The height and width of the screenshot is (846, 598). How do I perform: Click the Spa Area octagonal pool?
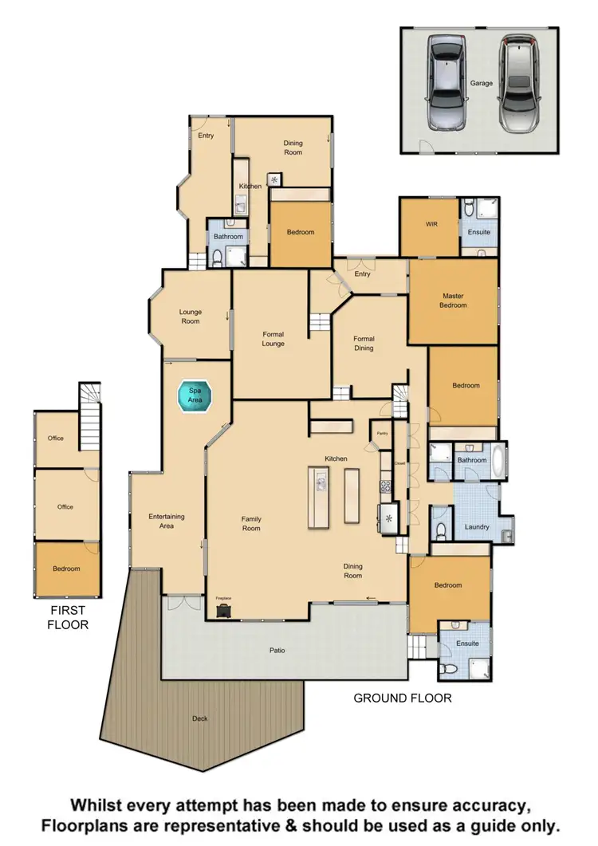[195, 396]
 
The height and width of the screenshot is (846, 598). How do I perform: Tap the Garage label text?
[481, 83]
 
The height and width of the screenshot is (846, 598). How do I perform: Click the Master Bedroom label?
[454, 301]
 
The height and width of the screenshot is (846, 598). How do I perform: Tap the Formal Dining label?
[364, 343]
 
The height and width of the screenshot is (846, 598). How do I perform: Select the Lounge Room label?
[190, 317]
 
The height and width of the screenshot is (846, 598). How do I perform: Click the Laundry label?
[476, 527]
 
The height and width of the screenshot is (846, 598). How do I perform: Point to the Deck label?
[199, 718]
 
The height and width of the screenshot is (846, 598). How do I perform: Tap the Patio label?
[277, 651]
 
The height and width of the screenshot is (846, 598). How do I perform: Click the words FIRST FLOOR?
[68, 617]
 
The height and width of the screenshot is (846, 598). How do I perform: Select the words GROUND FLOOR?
[403, 698]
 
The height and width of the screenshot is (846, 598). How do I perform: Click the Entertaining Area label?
[167, 521]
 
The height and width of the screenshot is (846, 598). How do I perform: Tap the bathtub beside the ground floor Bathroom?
[499, 461]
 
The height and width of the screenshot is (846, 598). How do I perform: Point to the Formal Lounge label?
[273, 339]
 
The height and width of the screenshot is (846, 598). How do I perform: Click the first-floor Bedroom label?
[66, 569]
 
